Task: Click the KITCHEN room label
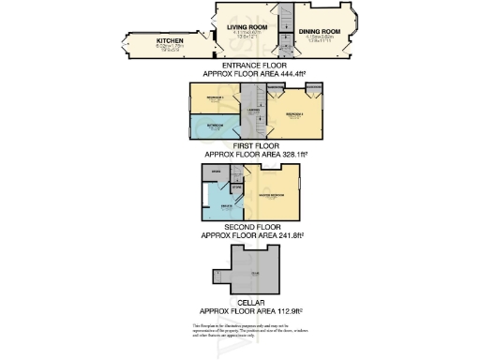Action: [x=157, y=41]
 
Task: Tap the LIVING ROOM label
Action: [x=247, y=28]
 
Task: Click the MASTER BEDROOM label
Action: [x=272, y=197]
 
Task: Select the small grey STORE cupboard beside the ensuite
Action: [x=237, y=188]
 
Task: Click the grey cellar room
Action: [x=253, y=274]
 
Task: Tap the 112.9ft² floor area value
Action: [x=287, y=309]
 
